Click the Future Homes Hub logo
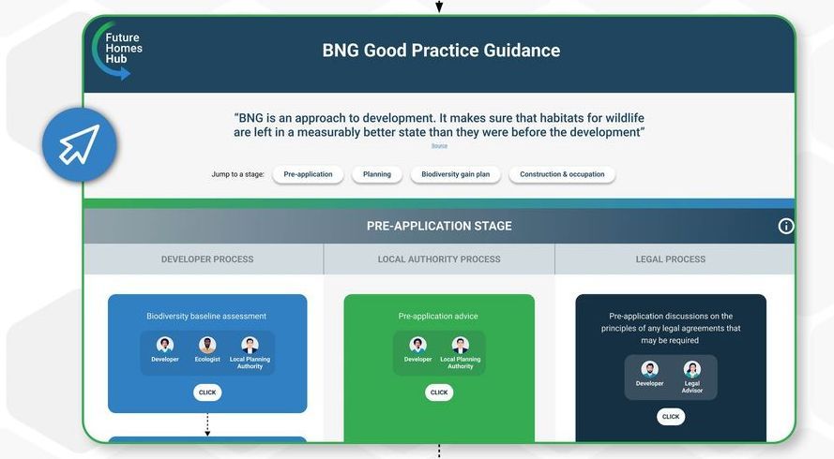117,50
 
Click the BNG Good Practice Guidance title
441,51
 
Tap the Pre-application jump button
308,174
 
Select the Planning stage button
376,174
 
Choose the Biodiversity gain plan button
455,174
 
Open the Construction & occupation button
562,174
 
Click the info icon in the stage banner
785,227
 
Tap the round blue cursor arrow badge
80,144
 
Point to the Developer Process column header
207,259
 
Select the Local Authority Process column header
439,259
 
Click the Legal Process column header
670,259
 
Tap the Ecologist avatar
207,346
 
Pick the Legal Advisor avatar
692,369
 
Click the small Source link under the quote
439,145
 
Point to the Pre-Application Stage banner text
439,226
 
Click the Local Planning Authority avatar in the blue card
250,346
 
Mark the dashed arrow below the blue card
207,425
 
